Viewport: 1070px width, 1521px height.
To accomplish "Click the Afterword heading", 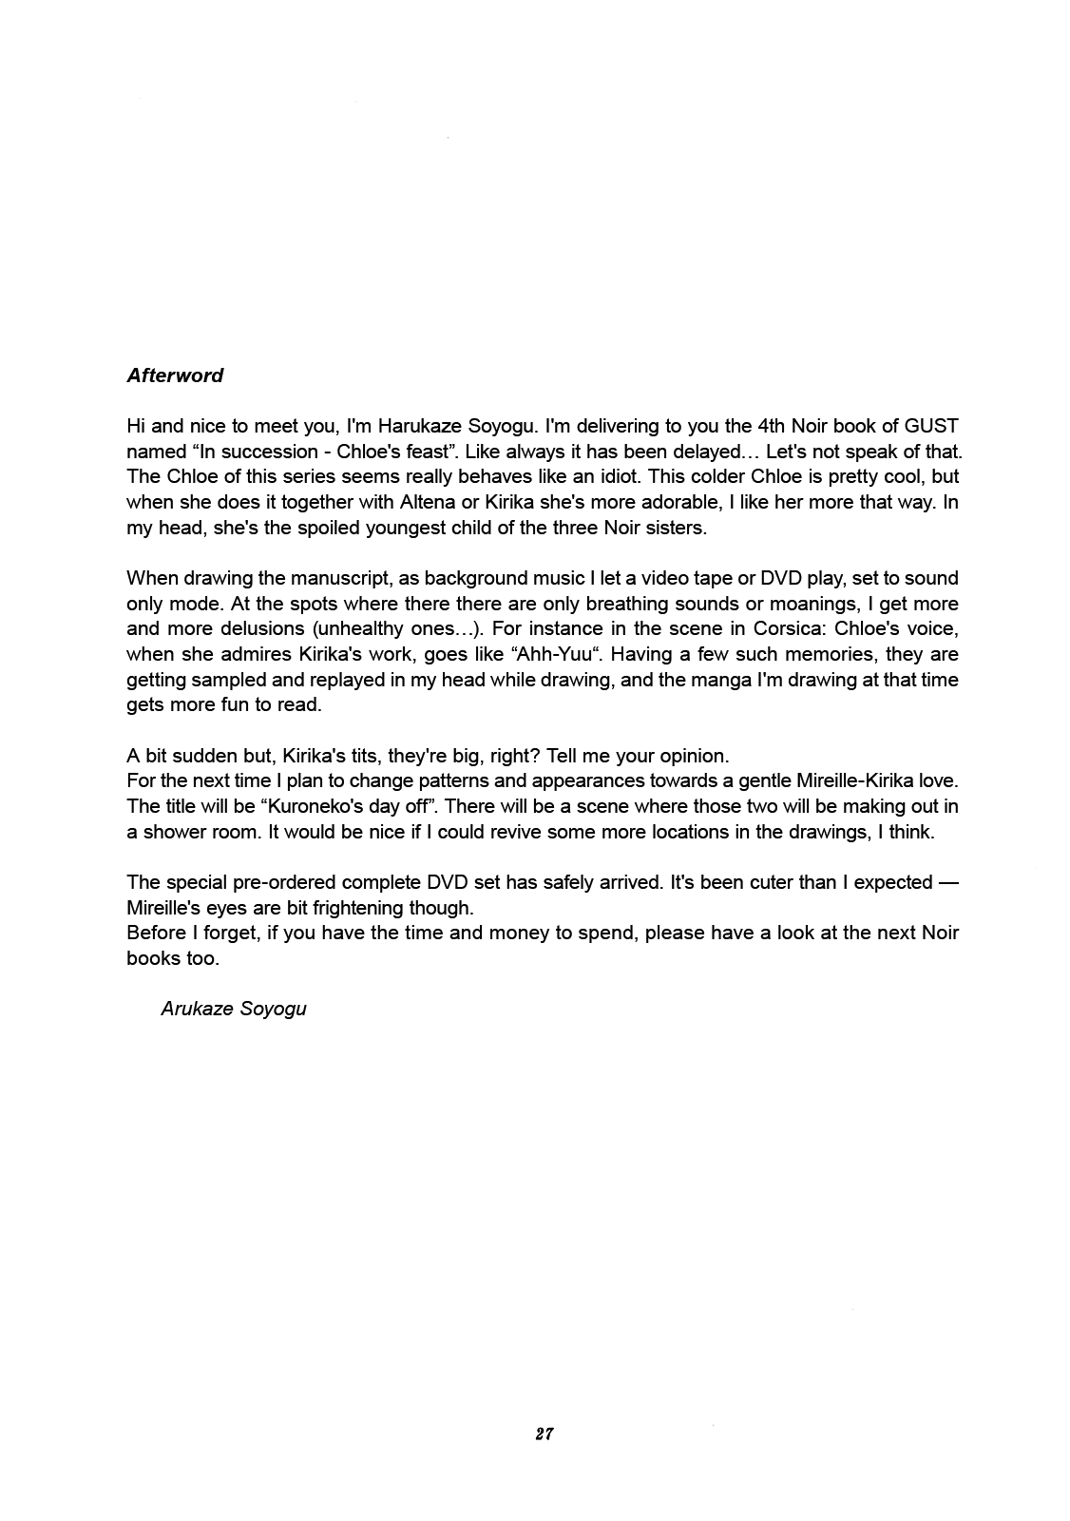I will coord(175,375).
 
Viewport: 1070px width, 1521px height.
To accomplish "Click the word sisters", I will coord(671,528).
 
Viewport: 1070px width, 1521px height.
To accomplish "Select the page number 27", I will coord(544,1434).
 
